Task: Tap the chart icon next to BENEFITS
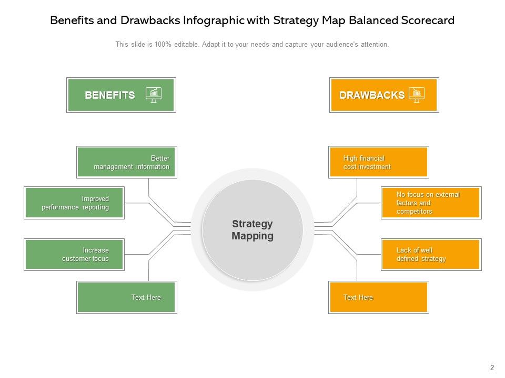tap(154, 94)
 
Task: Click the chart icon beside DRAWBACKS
tap(416, 94)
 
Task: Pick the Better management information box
tap(126, 162)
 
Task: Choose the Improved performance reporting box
tap(74, 203)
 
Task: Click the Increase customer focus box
tap(74, 255)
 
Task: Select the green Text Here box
tap(126, 297)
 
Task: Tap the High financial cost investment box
tap(379, 162)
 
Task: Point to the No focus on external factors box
tap(431, 203)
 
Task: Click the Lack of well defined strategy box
tap(431, 255)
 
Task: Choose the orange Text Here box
tap(379, 297)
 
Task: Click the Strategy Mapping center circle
tap(252, 229)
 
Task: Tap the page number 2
tap(492, 367)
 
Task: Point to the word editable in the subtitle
tap(185, 45)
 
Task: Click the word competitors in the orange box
tap(415, 212)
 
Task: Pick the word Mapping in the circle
tap(252, 236)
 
